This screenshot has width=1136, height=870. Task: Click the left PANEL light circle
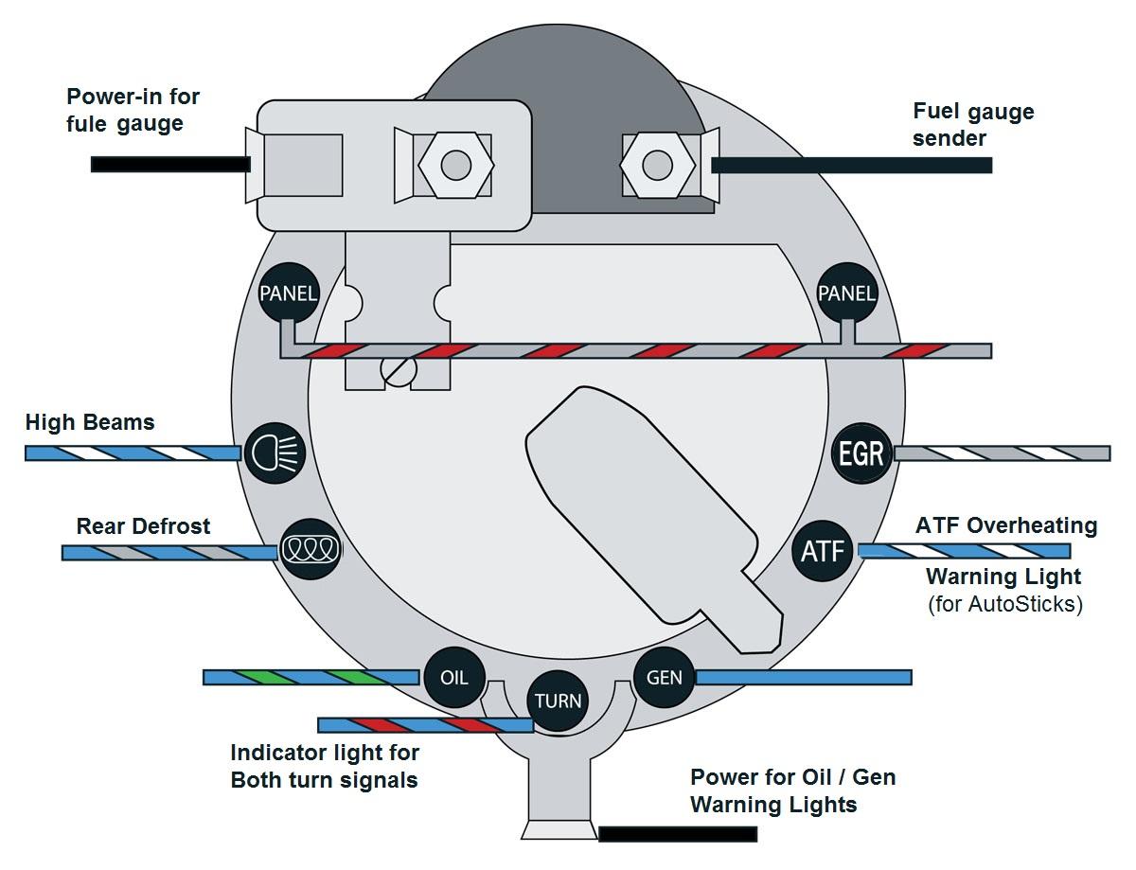coord(289,293)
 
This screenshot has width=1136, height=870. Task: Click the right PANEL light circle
coord(847,293)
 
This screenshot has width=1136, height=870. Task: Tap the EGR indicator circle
coord(861,453)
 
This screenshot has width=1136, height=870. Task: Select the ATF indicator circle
coord(823,551)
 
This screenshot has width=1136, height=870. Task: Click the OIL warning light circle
coord(453,677)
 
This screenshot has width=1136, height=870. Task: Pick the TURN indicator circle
coord(558,701)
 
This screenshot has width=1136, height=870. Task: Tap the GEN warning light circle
coord(664,677)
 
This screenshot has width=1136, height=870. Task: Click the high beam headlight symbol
coord(275,453)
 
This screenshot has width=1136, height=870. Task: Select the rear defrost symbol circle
coord(311,549)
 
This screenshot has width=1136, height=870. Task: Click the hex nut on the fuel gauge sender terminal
coord(657,165)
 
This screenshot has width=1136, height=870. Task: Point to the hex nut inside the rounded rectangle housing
coord(456,165)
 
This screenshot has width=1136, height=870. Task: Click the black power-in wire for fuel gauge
coord(170,165)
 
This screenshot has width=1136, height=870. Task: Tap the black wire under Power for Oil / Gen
coord(678,834)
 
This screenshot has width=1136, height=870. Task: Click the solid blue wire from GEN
coord(804,677)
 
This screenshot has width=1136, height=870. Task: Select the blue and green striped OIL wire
coord(311,677)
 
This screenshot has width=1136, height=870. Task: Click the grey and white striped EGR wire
coord(1003,453)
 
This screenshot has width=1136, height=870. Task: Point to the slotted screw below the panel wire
coord(399,370)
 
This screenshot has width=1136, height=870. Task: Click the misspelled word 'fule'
coord(86,124)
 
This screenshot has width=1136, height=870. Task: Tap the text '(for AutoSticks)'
coord(1005,604)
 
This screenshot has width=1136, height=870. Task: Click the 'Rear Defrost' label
coord(143,526)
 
